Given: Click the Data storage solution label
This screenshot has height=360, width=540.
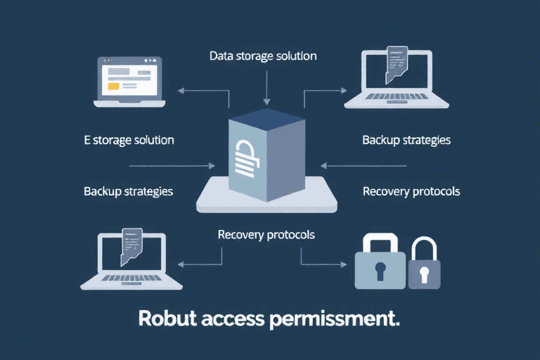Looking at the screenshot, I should tap(263, 56).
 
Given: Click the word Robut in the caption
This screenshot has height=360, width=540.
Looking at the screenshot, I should tap(167, 318).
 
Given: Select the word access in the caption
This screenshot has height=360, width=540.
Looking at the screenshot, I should tap(232, 318).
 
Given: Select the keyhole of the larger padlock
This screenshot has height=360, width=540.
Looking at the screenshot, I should tap(380, 269).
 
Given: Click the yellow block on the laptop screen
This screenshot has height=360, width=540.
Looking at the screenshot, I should tap(112, 85).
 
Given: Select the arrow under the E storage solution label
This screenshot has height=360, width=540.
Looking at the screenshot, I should tap(172, 166).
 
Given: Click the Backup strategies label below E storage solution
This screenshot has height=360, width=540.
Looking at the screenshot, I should tap(129, 191).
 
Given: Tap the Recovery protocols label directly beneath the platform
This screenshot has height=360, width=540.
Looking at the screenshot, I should tap(266, 234).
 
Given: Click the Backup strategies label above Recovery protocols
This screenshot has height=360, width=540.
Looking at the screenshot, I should tap(406, 140).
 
